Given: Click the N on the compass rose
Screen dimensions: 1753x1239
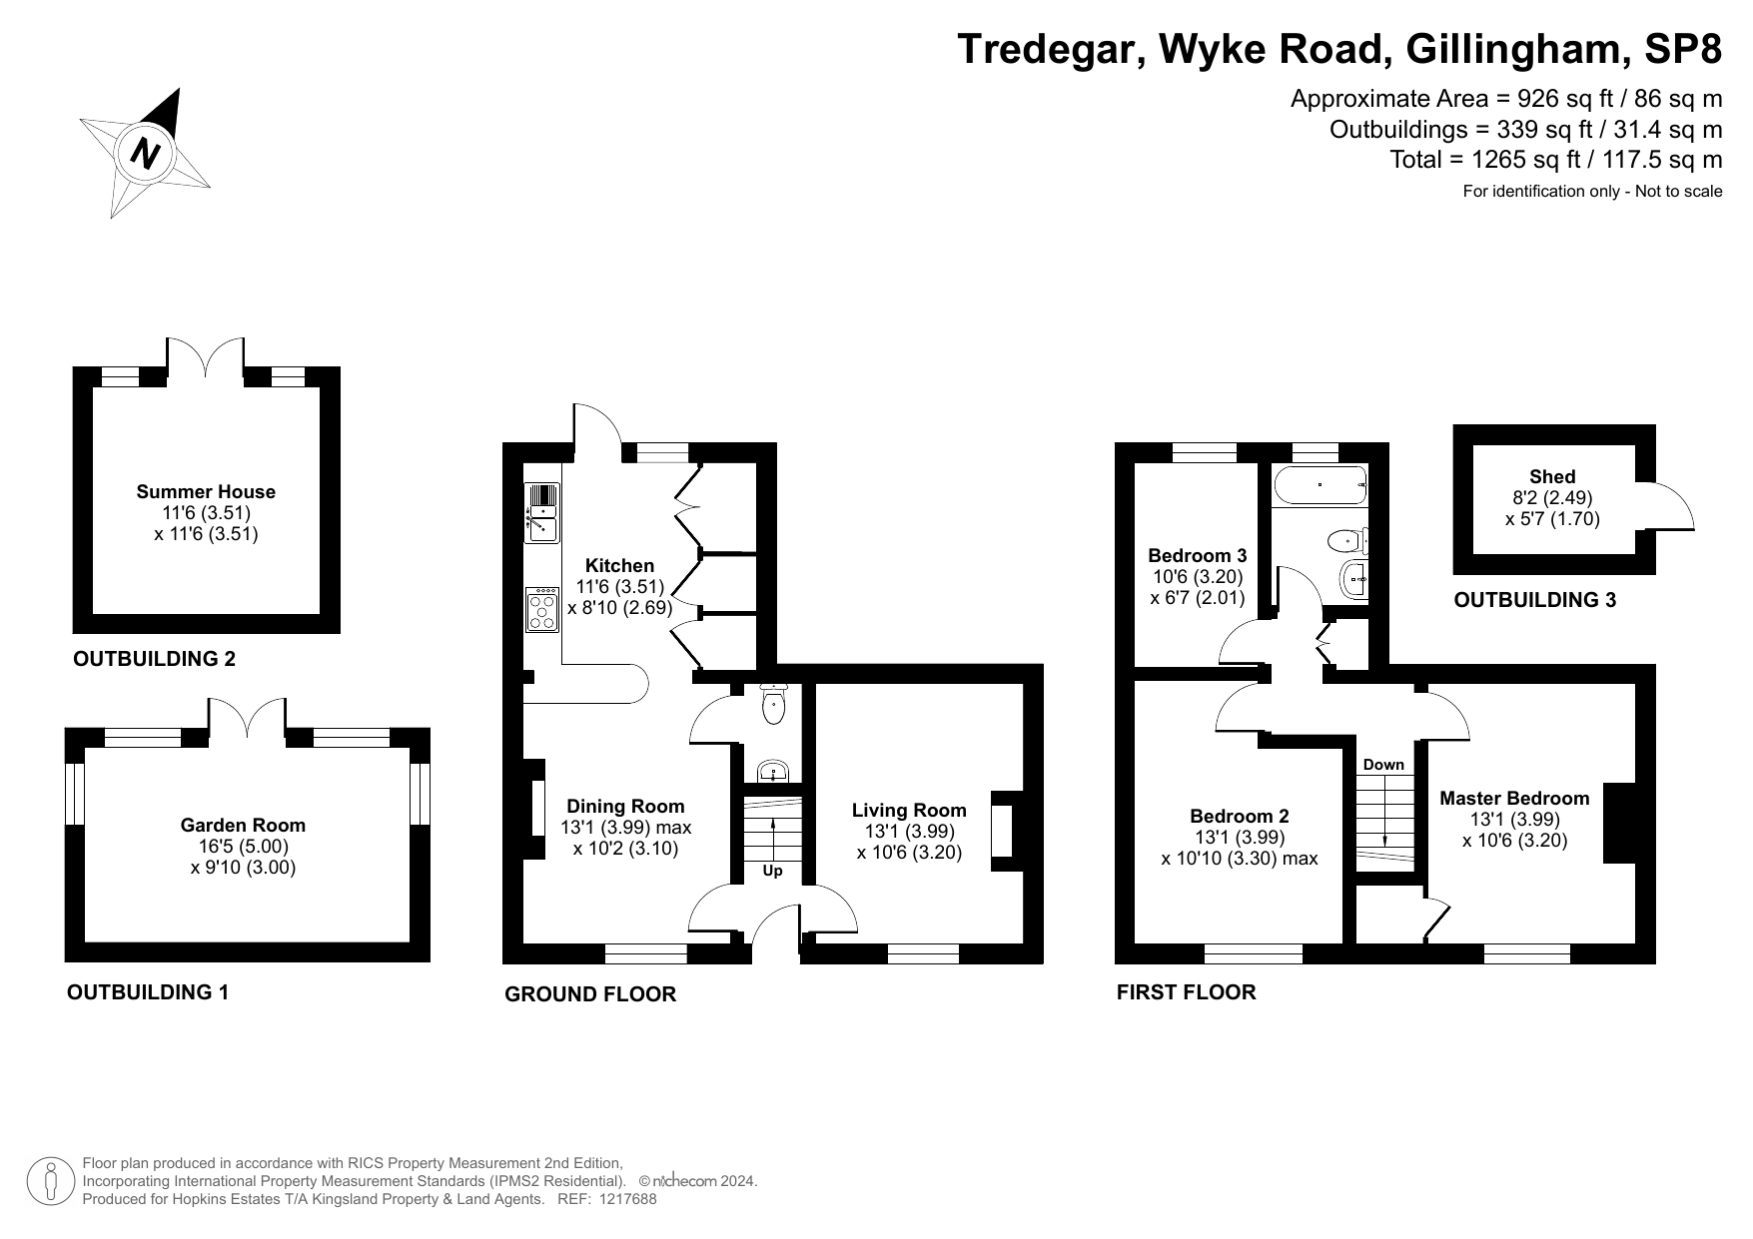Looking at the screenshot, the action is pos(146,155).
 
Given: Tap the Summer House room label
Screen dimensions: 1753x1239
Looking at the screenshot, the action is pos(206,491).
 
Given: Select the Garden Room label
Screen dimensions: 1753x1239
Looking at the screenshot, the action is pos(243,825).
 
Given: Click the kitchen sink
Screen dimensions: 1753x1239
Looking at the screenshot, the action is pos(541,514).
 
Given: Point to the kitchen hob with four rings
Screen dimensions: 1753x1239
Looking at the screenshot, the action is pos(542,609).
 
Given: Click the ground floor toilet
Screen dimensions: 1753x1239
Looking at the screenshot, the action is pos(774,704).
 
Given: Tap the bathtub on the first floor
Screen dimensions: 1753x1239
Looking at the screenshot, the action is pos(1320,485).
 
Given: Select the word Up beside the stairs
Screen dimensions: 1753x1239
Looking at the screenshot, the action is pos(772,871).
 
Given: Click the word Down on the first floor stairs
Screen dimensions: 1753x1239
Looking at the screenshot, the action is pos(1383,765).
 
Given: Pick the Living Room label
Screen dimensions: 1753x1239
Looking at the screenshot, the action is pos(909,810).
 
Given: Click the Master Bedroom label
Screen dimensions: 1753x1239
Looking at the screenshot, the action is pos(1514,798).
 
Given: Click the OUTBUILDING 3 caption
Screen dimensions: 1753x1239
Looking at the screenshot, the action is pos(1534,600).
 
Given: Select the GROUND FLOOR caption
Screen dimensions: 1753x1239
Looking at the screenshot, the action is pos(590,994).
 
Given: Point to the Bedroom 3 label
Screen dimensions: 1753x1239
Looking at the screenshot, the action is pos(1197,555).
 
